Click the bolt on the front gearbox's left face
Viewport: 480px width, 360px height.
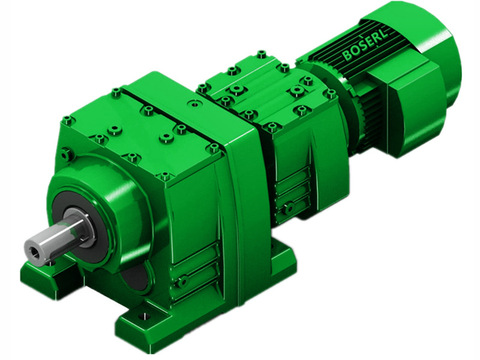click(68, 155)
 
